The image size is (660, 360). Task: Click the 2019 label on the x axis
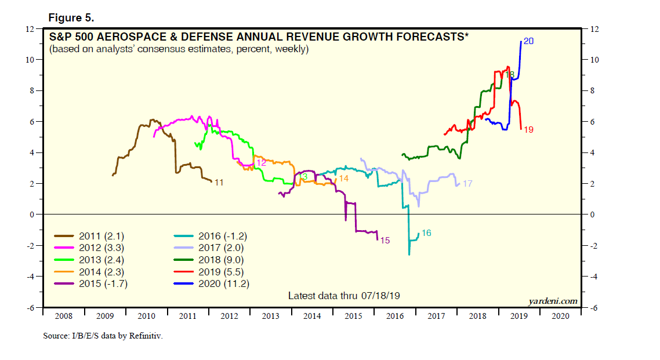[518, 317]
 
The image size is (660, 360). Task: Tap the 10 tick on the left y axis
[31, 60]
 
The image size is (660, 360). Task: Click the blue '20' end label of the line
[528, 41]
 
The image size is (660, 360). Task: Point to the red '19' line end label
[528, 130]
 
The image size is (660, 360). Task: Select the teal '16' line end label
[426, 233]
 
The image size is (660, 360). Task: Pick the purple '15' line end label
[385, 239]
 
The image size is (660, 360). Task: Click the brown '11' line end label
[219, 183]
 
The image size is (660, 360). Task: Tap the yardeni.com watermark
[553, 300]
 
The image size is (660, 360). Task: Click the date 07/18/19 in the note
[381, 296]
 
